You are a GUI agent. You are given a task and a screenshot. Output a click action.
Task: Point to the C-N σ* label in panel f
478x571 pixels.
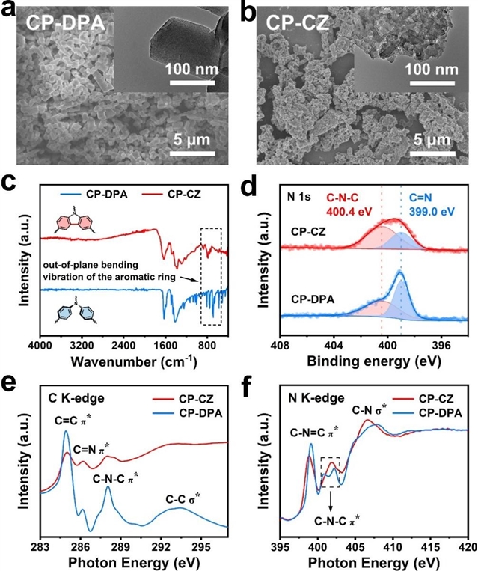click(374, 410)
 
